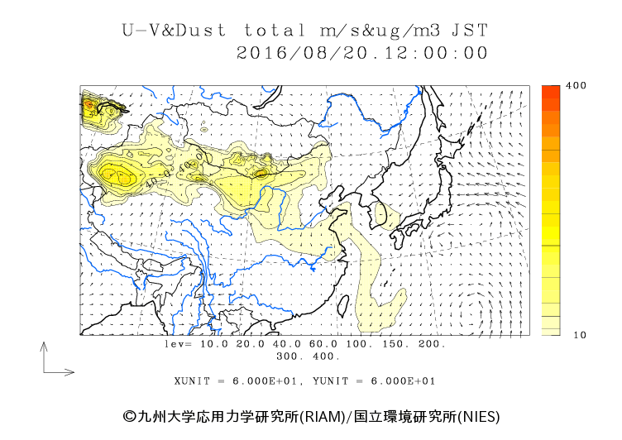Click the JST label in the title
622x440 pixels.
coord(470,31)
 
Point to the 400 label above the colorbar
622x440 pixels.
coord(553,86)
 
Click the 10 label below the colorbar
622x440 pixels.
coord(553,335)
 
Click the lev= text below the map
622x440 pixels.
coord(178,343)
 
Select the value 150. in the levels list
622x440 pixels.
coord(395,343)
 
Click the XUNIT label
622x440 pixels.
coord(193,381)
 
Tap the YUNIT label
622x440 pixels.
coord(334,381)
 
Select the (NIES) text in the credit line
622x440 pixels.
coord(479,416)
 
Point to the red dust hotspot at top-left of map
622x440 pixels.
coord(89,105)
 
